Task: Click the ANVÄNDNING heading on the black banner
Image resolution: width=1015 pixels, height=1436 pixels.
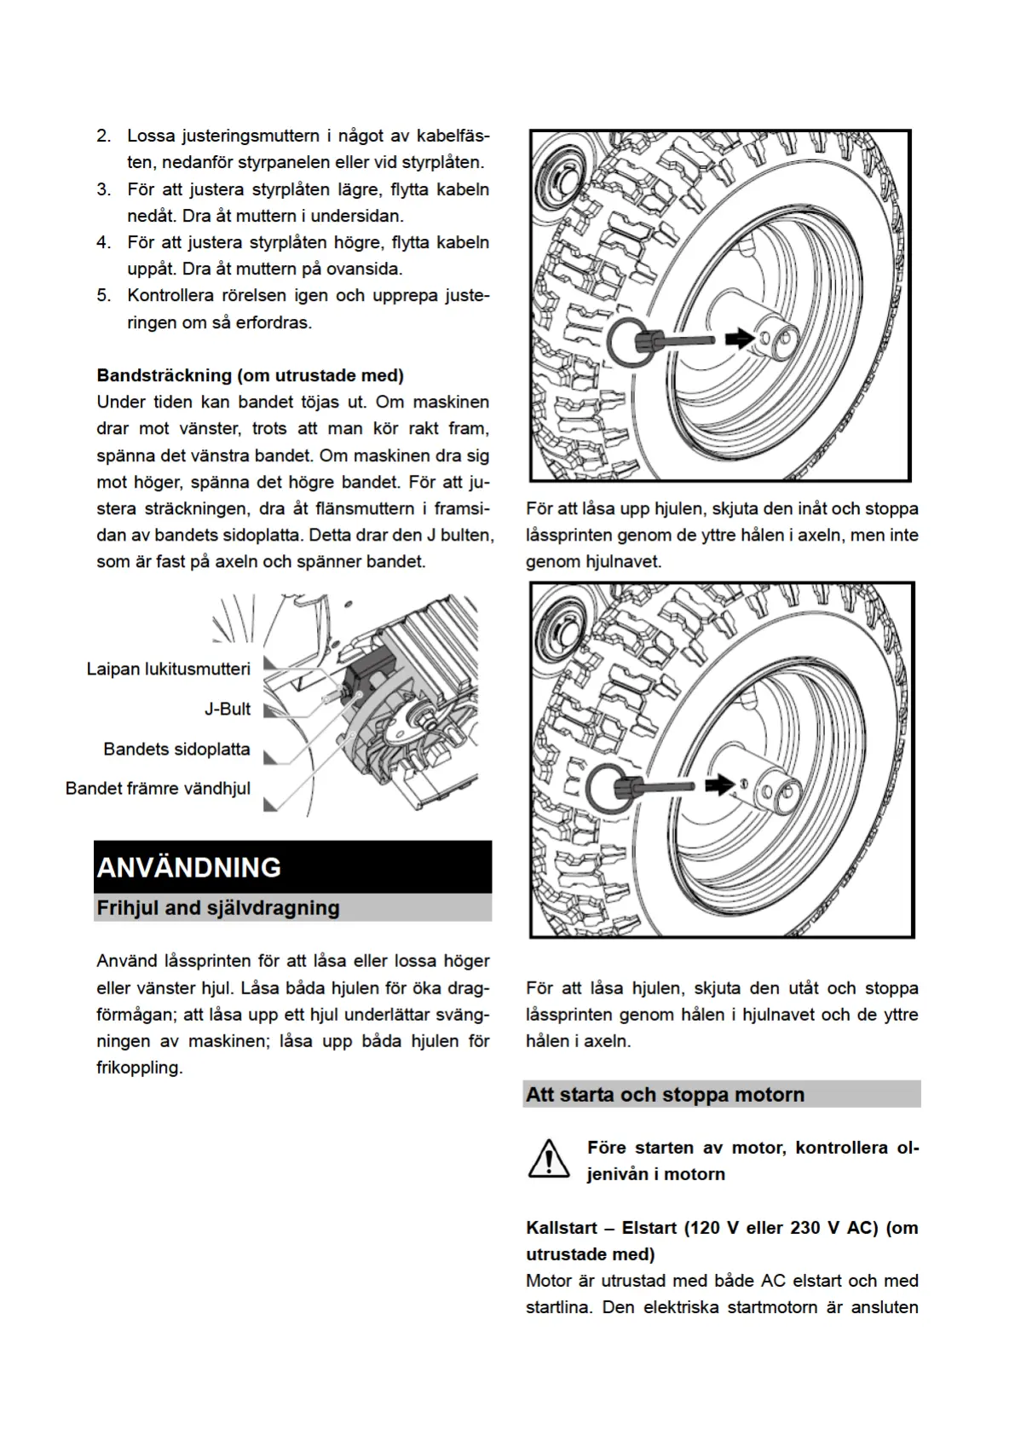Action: pyautogui.click(x=189, y=867)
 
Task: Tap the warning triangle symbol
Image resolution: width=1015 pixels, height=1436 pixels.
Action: pyautogui.click(x=549, y=1160)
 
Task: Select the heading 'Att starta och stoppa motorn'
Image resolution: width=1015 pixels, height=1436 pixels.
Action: pyautogui.click(x=665, y=1094)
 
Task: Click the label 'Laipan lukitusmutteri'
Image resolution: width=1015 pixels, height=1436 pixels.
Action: pyautogui.click(x=169, y=669)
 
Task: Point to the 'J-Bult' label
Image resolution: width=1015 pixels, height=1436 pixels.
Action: pyautogui.click(x=228, y=709)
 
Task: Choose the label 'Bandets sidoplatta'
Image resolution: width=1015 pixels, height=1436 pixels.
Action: pyautogui.click(x=177, y=749)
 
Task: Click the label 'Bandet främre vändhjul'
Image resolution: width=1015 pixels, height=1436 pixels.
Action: pyautogui.click(x=159, y=788)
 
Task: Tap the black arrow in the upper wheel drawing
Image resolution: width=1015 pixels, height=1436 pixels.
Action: pyautogui.click(x=739, y=339)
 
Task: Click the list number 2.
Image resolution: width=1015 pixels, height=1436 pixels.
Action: pyautogui.click(x=104, y=136)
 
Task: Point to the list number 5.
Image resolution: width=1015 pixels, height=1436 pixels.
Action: pyautogui.click(x=104, y=295)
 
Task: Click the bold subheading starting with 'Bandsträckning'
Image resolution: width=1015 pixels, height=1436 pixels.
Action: pyautogui.click(x=251, y=375)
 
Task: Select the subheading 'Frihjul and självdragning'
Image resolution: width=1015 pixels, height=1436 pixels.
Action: pyautogui.click(x=218, y=907)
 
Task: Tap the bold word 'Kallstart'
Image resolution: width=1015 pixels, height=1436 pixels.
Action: pyautogui.click(x=562, y=1228)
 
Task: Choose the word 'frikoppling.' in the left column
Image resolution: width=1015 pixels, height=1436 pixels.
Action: pyautogui.click(x=140, y=1068)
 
